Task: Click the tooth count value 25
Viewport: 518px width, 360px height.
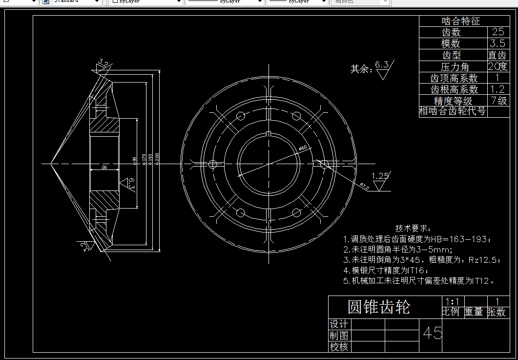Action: coord(498,32)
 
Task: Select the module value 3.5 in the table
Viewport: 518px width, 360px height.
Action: coord(498,43)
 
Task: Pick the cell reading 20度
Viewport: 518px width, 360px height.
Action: coord(498,66)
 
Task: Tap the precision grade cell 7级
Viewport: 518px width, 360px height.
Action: coord(498,101)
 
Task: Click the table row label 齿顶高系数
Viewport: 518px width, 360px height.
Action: coord(454,78)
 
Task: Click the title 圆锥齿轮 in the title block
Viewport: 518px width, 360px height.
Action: coord(379,307)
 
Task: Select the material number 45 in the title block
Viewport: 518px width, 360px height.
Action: coord(433,333)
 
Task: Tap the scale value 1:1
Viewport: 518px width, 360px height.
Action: coord(453,301)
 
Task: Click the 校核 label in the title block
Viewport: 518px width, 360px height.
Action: coord(339,347)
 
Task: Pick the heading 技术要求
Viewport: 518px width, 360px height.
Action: coord(413,228)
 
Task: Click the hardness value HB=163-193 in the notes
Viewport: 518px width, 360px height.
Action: coord(458,239)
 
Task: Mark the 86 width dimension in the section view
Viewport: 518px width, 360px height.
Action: coord(104,168)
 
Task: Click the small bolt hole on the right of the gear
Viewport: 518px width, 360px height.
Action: coord(324,164)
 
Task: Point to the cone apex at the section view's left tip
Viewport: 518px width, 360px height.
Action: coord(51,164)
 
